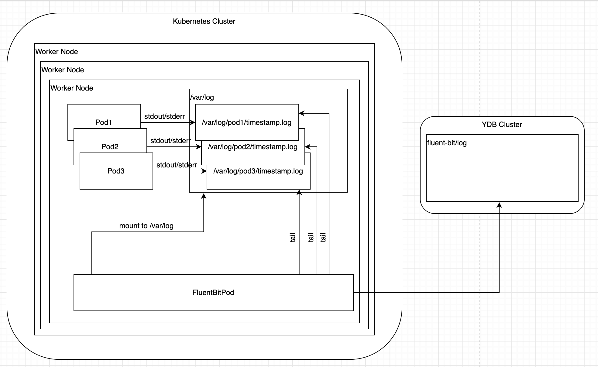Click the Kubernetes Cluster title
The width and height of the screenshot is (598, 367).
click(x=204, y=21)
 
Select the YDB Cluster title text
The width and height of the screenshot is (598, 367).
click(x=502, y=125)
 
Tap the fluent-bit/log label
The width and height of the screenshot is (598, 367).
click(x=447, y=143)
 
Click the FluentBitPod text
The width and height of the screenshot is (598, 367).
click(x=213, y=293)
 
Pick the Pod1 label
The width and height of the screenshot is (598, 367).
click(x=104, y=122)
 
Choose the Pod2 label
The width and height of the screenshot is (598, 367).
click(x=110, y=147)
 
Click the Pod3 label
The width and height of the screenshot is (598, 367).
click(x=116, y=171)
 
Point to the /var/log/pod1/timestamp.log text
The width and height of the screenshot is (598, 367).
click(x=246, y=122)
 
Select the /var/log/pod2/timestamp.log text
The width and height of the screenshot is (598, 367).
click(x=253, y=147)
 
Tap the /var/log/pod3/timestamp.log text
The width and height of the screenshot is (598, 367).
click(x=258, y=171)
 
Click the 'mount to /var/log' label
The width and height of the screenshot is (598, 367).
click(x=146, y=226)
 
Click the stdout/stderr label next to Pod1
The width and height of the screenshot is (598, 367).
click(x=164, y=116)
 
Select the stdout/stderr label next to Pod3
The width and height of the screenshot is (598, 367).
click(x=177, y=165)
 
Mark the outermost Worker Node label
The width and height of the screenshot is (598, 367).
click(x=57, y=52)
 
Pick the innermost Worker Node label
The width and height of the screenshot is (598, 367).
click(x=72, y=88)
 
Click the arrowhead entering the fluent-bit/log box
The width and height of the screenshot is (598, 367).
click(x=499, y=205)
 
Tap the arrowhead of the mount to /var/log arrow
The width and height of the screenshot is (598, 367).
click(x=204, y=196)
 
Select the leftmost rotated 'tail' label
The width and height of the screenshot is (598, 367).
click(x=293, y=238)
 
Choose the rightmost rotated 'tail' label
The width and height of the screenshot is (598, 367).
click(x=323, y=238)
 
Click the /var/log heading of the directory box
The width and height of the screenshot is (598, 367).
click(x=202, y=97)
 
